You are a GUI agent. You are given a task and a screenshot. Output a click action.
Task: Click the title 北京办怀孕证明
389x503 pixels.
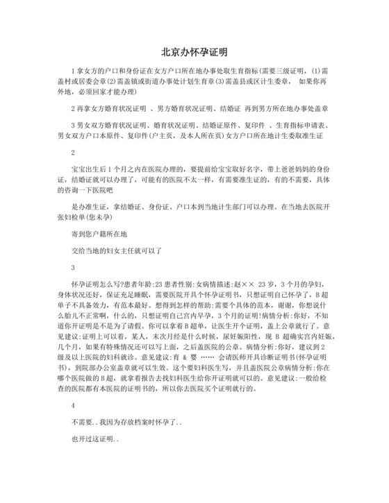click(x=194, y=52)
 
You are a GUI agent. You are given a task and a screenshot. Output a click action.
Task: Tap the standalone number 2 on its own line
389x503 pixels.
click(x=73, y=153)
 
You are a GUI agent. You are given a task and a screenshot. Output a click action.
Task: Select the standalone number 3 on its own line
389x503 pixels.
click(x=73, y=268)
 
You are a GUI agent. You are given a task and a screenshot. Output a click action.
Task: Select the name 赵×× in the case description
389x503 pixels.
click(x=249, y=285)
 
